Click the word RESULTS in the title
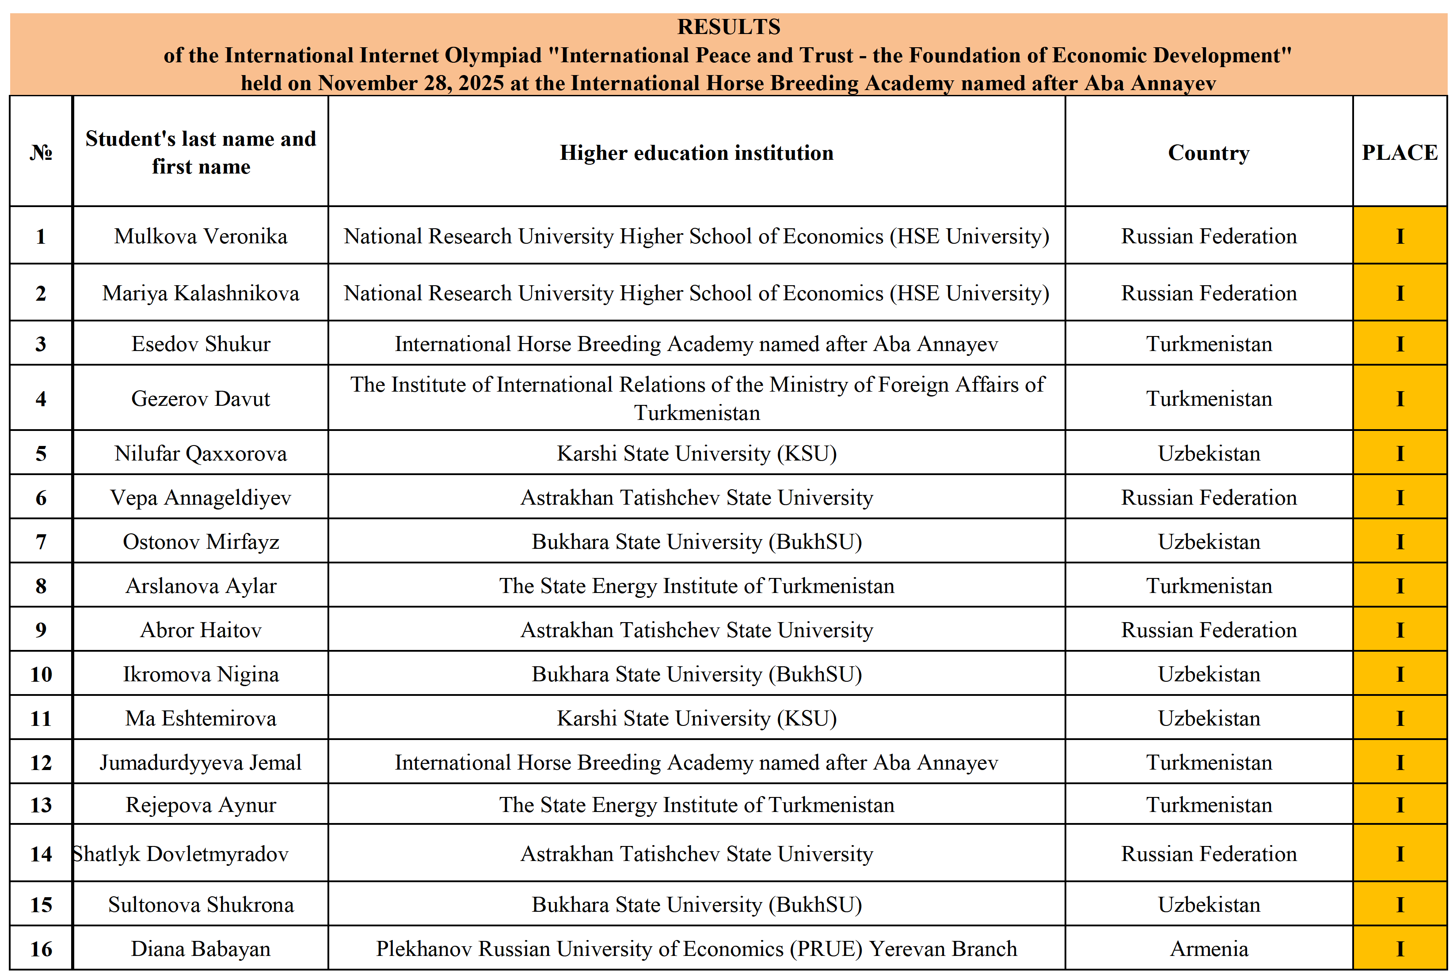tap(728, 27)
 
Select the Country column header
tap(1208, 153)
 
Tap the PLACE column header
tap(1400, 153)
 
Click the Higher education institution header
tap(696, 153)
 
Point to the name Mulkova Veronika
tap(200, 236)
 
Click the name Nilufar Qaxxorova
tap(200, 453)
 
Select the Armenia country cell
tap(1208, 949)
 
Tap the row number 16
tap(41, 949)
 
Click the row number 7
tap(41, 542)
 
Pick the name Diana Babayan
tap(200, 949)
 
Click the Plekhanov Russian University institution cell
tap(696, 949)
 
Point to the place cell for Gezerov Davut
tap(1400, 399)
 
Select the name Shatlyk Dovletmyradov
tap(181, 854)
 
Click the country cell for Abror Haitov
tap(1208, 630)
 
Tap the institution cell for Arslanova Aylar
tap(696, 586)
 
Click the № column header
tap(41, 153)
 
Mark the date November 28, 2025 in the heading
tap(410, 83)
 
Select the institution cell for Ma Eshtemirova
tap(696, 718)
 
